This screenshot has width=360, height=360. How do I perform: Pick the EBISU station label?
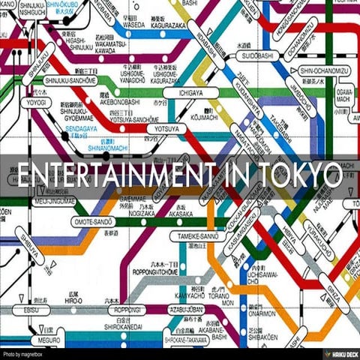click(33, 308)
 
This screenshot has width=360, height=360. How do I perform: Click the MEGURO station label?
click(49, 338)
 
